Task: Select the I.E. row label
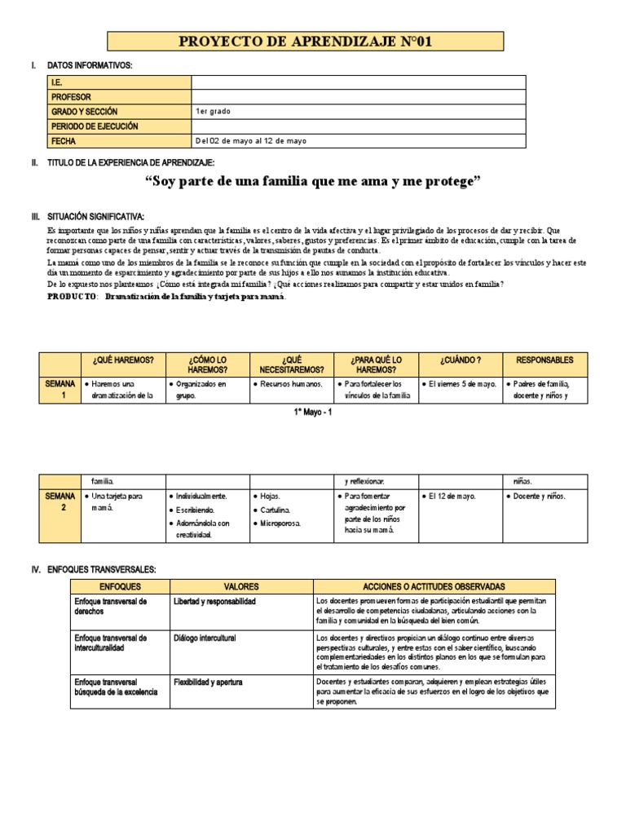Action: tap(57, 82)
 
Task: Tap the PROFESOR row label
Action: tap(71, 97)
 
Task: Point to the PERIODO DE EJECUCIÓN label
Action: tap(95, 126)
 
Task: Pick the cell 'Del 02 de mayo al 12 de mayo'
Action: tap(251, 141)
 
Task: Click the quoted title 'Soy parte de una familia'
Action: tap(312, 182)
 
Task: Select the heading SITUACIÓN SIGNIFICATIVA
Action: tap(95, 217)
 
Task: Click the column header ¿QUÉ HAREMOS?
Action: tap(123, 360)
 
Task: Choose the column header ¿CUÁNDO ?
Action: tap(460, 360)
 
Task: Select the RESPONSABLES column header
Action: tap(545, 360)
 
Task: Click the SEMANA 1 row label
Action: tap(60, 390)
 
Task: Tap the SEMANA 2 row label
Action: tap(60, 501)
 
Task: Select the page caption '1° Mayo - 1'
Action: tap(313, 413)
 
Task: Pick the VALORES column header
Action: tap(240, 586)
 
